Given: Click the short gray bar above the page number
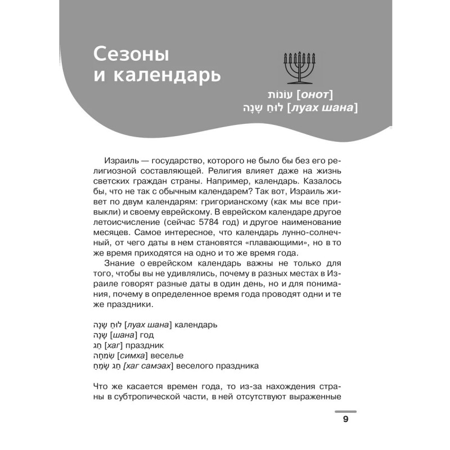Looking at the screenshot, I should pos(345,411).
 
